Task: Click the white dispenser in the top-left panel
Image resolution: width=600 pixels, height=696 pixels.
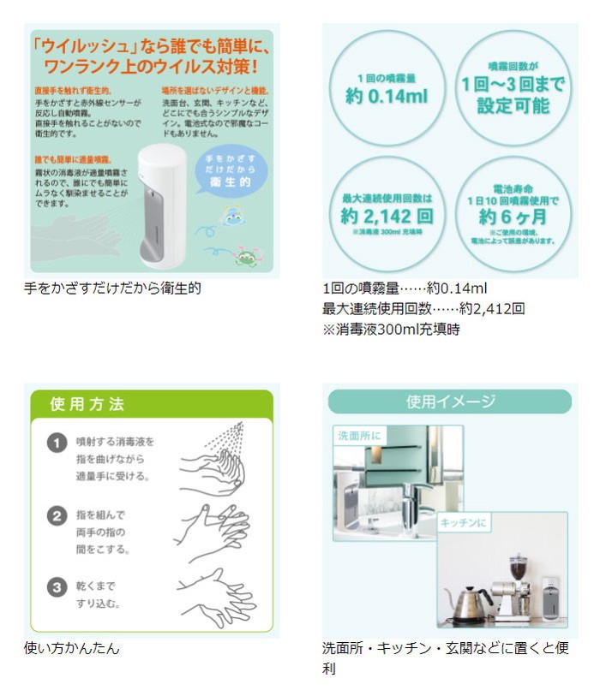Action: click(160, 202)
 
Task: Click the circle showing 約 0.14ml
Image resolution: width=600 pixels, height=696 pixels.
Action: click(386, 88)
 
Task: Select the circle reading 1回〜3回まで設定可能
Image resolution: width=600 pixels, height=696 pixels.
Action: click(513, 88)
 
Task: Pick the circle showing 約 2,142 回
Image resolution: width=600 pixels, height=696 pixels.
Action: click(386, 212)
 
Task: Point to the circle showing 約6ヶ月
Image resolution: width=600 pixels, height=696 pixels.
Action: click(513, 212)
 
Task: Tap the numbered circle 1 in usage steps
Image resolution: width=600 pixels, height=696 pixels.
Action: click(57, 443)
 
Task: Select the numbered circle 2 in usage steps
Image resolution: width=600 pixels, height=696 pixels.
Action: click(57, 516)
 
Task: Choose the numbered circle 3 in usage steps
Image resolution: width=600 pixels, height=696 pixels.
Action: click(57, 588)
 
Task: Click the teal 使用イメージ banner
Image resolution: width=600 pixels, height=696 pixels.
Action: click(450, 402)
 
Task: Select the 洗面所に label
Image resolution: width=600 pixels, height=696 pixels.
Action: click(358, 436)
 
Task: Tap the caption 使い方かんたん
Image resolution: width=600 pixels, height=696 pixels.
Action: click(72, 648)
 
